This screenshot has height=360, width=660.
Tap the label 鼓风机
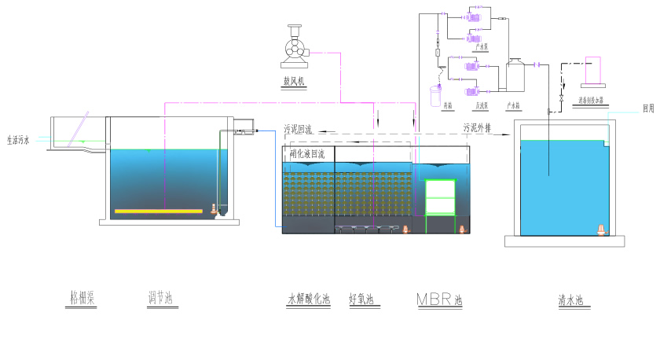pyautogui.click(x=294, y=81)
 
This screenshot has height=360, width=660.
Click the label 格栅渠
pyautogui.click(x=82, y=298)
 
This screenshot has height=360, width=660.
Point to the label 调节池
pyautogui.click(x=160, y=298)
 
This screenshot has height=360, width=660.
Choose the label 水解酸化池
pyautogui.click(x=309, y=299)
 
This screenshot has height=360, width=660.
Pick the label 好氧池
pyautogui.click(x=361, y=299)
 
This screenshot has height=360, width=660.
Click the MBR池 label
pyautogui.click(x=440, y=299)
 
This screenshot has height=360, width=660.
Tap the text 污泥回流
pyautogui.click(x=299, y=128)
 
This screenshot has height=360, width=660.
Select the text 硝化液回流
pyautogui.click(x=307, y=154)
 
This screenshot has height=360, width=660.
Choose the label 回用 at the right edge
pyautogui.click(x=647, y=108)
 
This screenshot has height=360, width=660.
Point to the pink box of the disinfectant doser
pyautogui.click(x=594, y=70)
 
